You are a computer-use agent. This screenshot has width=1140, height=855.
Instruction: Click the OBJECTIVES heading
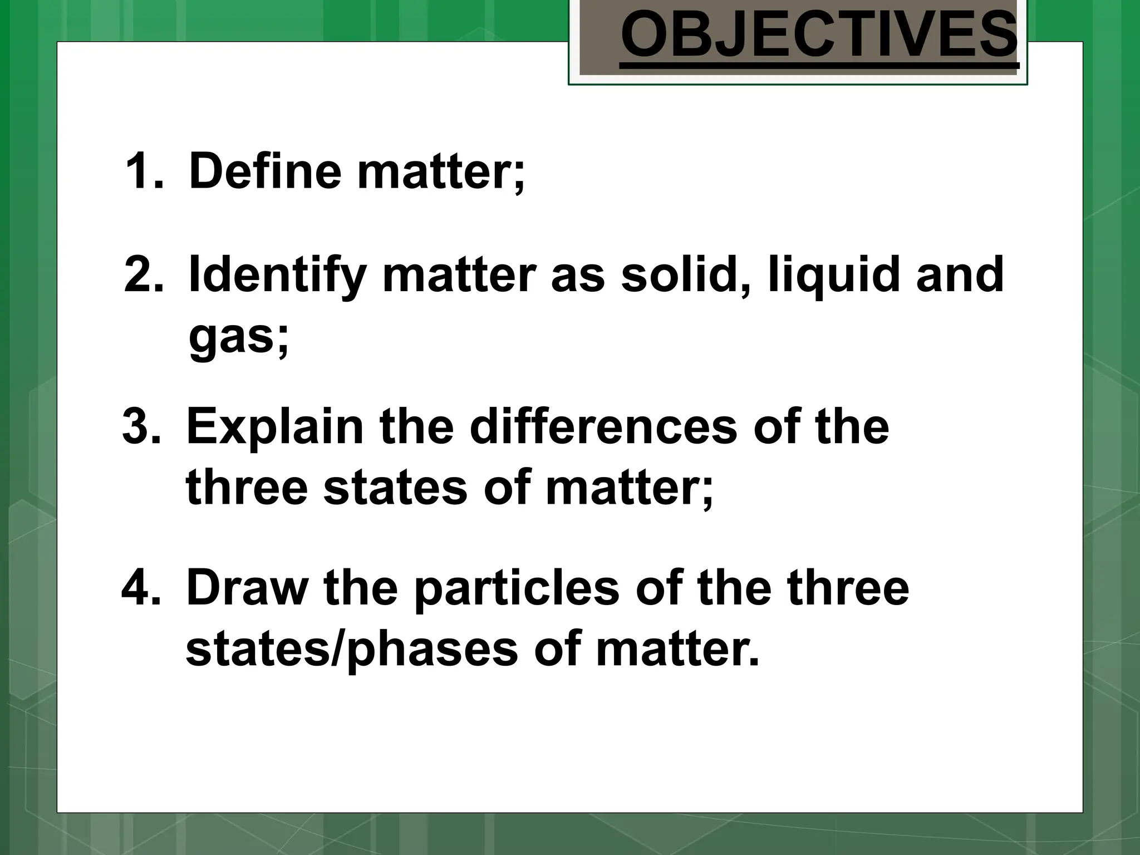coord(819,37)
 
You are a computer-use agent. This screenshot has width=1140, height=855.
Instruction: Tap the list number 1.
coord(144,171)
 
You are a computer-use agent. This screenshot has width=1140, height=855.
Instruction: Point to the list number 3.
coord(141,427)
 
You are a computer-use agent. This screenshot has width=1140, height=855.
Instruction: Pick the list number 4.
coord(141,588)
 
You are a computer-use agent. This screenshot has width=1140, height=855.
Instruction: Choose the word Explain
coord(275,427)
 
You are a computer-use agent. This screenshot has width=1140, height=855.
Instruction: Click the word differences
coord(603,427)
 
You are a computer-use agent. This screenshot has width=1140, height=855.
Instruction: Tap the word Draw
coord(247,588)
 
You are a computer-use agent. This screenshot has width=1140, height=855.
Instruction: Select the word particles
coord(517,588)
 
